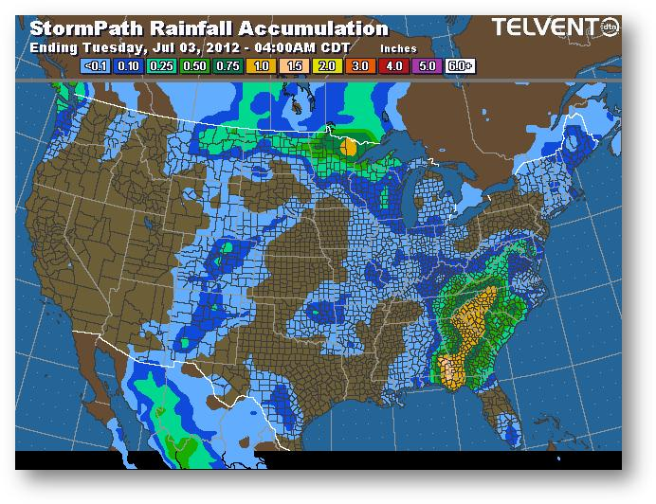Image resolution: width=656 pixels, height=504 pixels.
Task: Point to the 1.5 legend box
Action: pyautogui.click(x=295, y=66)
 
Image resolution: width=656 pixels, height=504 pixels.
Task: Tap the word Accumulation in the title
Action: pyautogui.click(x=307, y=28)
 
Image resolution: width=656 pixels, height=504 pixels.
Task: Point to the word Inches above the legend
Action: pyautogui.click(x=397, y=47)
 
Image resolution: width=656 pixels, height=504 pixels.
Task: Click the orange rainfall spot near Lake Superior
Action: pyautogui.click(x=348, y=148)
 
